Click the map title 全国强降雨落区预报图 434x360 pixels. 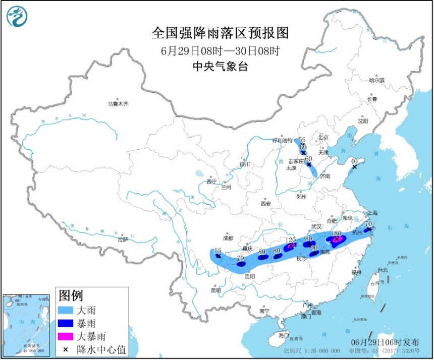coord(220,33)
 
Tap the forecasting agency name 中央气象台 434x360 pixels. coord(220,67)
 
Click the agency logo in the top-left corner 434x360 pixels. coord(17,16)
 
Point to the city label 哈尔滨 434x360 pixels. coord(376,80)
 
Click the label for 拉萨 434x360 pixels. coord(123,240)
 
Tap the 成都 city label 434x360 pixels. coord(228,238)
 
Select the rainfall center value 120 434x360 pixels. coord(290,241)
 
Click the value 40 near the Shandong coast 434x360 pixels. coord(355,160)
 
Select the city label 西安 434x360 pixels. coord(265,204)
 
